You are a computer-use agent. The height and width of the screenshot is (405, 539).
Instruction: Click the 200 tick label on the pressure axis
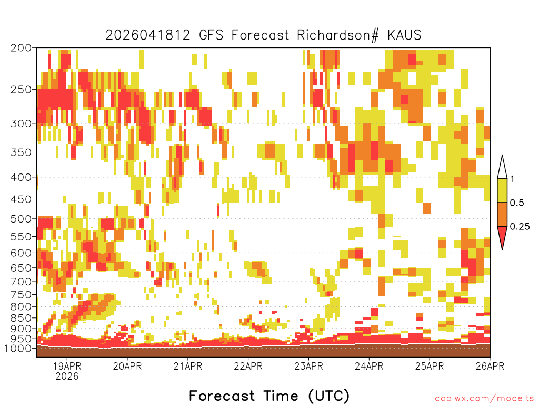click(x=21, y=48)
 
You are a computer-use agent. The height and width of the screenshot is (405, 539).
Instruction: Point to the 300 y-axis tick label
click(x=21, y=123)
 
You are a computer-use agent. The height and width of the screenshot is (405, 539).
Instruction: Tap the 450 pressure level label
click(x=21, y=199)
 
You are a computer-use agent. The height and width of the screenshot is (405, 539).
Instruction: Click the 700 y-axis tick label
click(x=21, y=282)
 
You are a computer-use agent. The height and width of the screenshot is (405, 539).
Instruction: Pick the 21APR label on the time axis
click(x=188, y=366)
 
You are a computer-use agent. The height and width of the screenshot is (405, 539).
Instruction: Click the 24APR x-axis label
click(x=369, y=366)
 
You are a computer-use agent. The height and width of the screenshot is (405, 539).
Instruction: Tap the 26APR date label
click(x=490, y=366)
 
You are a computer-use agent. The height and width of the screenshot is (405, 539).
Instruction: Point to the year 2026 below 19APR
click(x=67, y=376)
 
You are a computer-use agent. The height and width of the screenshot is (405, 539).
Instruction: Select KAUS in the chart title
click(x=404, y=35)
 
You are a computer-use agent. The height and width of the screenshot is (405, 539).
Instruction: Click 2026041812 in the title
click(x=148, y=35)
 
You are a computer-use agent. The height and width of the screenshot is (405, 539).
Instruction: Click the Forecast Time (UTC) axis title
click(x=269, y=396)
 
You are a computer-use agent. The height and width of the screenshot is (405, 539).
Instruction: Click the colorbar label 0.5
click(x=517, y=202)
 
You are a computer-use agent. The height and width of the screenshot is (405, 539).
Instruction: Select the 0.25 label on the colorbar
click(x=520, y=226)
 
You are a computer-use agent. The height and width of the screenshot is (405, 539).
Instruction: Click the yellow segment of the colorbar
click(x=502, y=190)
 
